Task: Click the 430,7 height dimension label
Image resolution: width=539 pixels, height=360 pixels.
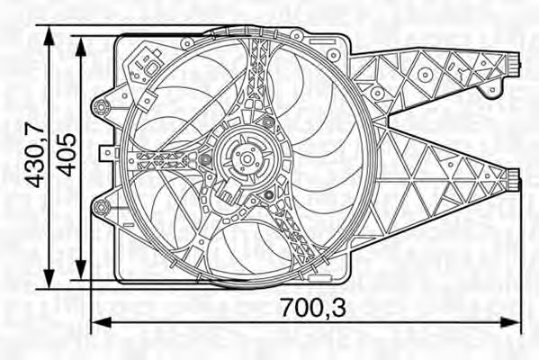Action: [34, 156]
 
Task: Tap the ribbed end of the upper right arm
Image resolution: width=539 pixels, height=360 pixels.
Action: [514, 64]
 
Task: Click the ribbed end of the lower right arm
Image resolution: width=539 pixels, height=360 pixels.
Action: [514, 177]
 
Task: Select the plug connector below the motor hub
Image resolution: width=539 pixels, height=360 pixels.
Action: [230, 193]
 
